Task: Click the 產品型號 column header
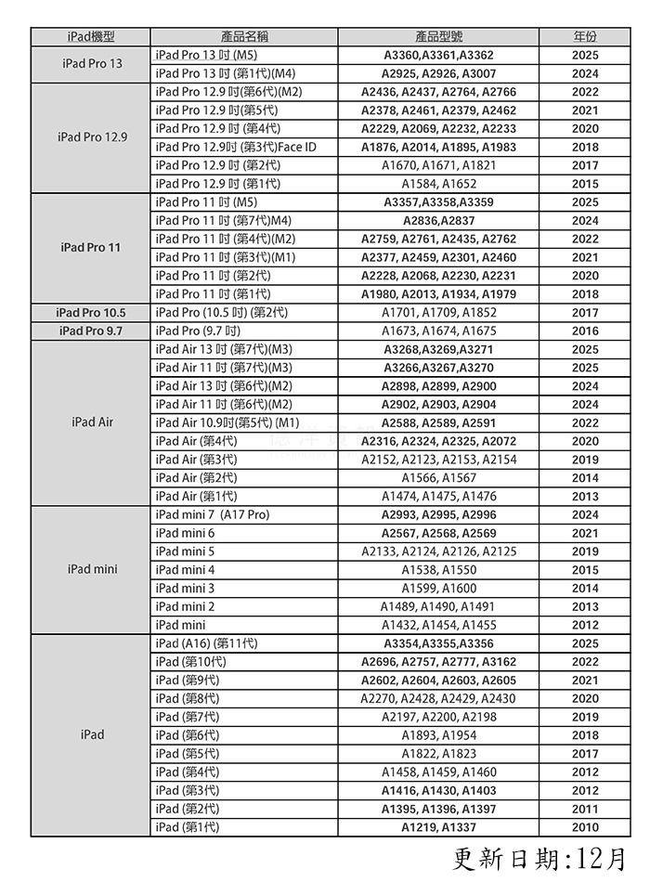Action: (x=438, y=37)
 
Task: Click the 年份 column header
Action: (x=585, y=37)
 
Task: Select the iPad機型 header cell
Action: (x=91, y=37)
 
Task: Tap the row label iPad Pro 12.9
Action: (x=91, y=137)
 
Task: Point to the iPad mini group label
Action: (x=91, y=569)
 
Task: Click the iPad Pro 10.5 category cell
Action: (x=91, y=313)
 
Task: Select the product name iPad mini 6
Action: (x=185, y=533)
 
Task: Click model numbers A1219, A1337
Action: (x=438, y=827)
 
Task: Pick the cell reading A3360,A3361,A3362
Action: (x=438, y=56)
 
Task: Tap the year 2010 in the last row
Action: (x=585, y=827)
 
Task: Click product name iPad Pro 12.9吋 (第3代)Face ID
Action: (x=236, y=147)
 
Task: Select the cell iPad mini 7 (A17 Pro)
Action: (x=213, y=514)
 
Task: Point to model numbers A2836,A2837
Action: (x=438, y=221)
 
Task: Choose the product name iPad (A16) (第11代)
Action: (x=207, y=643)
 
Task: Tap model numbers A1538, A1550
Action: (x=438, y=570)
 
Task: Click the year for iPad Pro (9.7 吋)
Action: (x=585, y=331)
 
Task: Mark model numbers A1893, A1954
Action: (x=438, y=735)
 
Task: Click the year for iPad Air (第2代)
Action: (x=585, y=478)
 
